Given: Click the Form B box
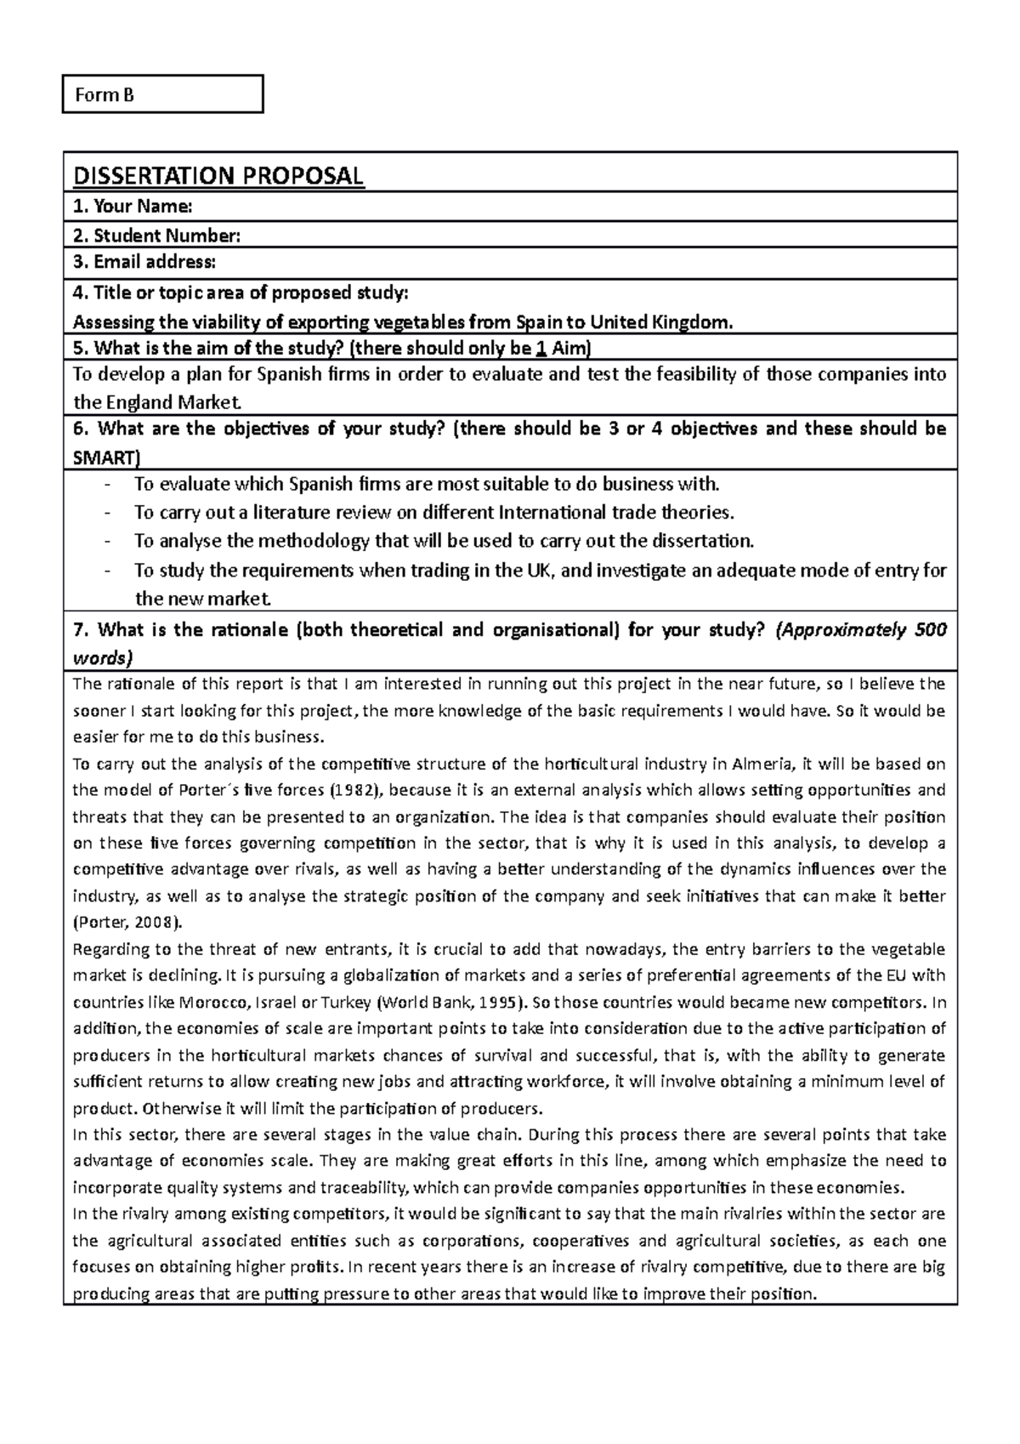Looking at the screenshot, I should point(162,94).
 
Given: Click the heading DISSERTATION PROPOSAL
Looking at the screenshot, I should point(218,176).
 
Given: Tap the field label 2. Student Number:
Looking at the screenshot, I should point(156,236).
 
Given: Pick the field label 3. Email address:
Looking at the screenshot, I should point(144,263).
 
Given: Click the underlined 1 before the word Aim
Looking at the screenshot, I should point(542,349).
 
